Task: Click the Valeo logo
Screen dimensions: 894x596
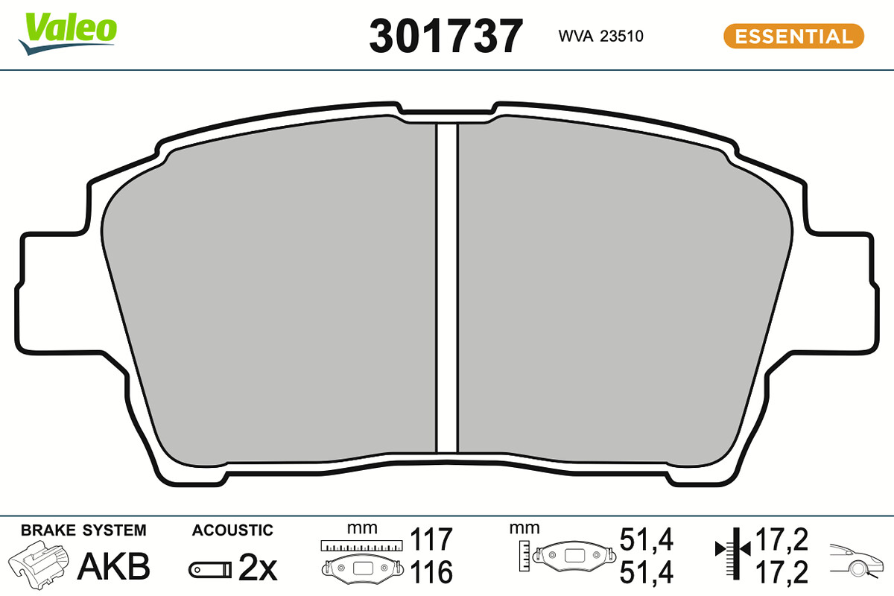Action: coord(68,33)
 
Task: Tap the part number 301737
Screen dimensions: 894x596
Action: coord(446,37)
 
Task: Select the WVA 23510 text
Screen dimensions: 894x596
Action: coord(600,37)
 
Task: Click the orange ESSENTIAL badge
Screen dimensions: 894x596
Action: coord(794,37)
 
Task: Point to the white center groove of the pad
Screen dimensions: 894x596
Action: coord(447,288)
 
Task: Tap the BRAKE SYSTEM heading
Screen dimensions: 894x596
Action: coord(83,530)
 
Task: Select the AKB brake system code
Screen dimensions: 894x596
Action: coord(114,566)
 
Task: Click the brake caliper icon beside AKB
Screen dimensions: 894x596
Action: coord(39,565)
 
